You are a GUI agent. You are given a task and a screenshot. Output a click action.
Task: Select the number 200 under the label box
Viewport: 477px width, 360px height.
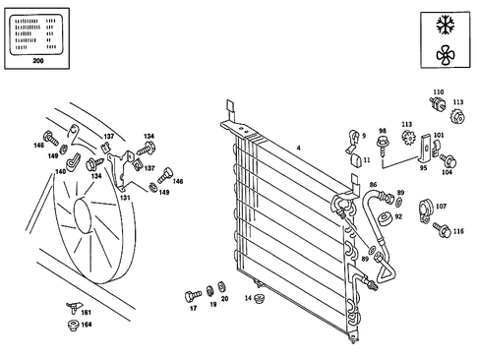tap(38, 61)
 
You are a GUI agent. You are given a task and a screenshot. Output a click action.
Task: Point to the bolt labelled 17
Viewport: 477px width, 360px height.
tap(193, 295)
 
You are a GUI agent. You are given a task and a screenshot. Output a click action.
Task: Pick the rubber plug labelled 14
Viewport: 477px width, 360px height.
tap(260, 298)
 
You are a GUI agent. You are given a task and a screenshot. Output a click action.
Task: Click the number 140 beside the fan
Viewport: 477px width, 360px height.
tap(60, 171)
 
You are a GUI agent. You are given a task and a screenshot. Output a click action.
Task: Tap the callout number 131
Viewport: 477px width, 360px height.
tap(125, 197)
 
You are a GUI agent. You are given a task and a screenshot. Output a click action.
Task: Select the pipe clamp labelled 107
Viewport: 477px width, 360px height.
tap(428, 208)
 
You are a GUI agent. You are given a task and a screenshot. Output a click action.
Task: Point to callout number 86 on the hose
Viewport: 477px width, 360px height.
tap(373, 185)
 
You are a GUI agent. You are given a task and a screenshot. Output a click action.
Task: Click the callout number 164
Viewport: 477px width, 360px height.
tap(86, 324)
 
